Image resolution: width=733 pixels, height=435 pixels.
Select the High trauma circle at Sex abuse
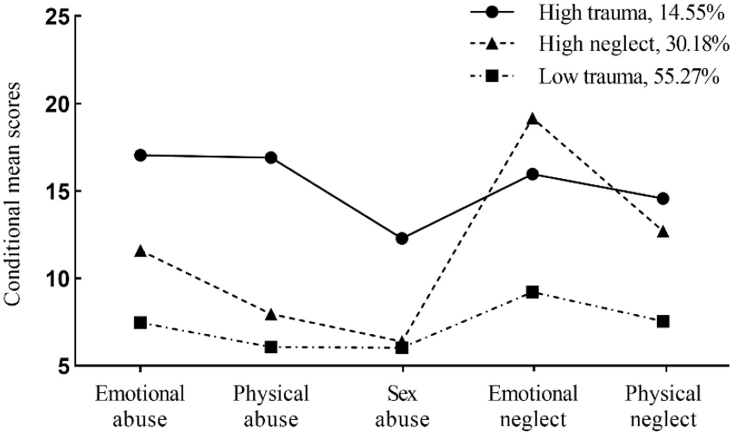point(402,238)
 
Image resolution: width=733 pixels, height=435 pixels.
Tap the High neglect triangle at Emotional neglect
point(533,119)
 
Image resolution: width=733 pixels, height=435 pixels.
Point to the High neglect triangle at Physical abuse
point(271,314)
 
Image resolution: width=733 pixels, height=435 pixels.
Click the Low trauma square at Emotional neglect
point(533,292)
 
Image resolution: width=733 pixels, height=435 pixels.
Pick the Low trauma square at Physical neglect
point(663,321)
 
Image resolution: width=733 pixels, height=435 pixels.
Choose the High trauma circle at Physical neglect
point(663,198)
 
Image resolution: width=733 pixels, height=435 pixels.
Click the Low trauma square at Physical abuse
point(271,347)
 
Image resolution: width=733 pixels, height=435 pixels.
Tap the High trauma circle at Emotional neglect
point(533,174)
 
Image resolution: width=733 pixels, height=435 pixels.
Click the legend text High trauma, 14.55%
point(631,14)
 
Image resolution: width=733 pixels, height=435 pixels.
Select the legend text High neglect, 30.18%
point(634,45)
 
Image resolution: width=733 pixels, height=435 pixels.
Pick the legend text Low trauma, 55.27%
point(628,77)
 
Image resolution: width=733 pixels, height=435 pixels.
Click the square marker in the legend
point(492,77)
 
